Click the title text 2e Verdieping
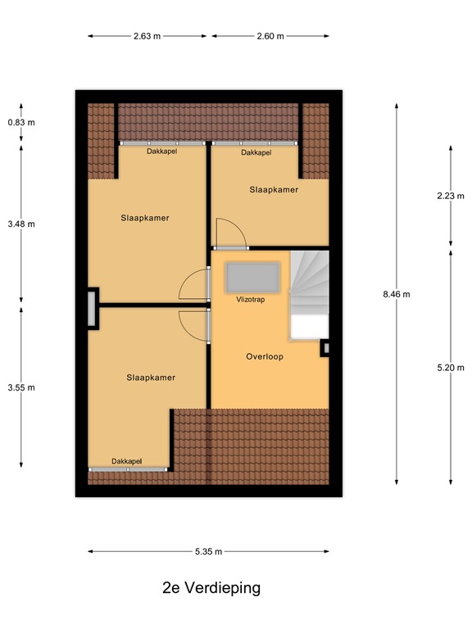[211, 588]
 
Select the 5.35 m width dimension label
[209, 552]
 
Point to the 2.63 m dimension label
[147, 36]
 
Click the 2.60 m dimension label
[270, 36]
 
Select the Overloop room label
[265, 357]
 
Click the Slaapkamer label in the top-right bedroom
[274, 189]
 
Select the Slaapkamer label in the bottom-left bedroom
[151, 378]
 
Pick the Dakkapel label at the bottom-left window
[127, 461]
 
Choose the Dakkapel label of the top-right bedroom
[256, 152]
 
